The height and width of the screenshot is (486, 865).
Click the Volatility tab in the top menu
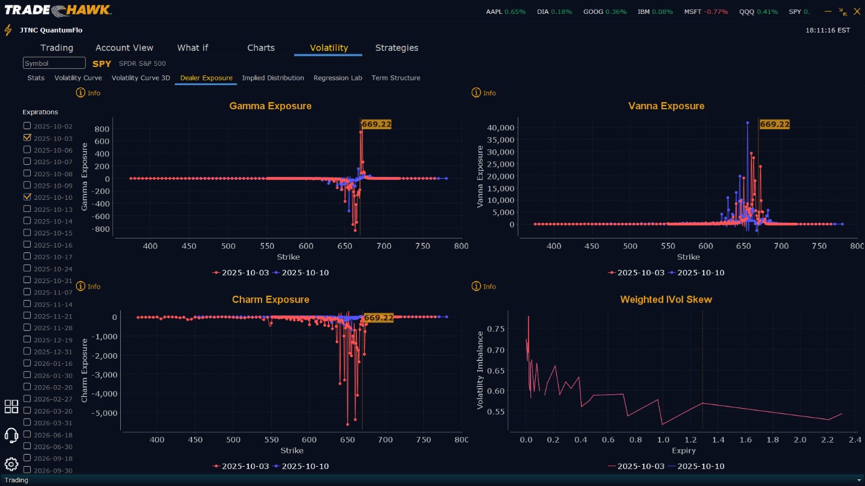point(329,48)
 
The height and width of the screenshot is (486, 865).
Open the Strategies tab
point(396,48)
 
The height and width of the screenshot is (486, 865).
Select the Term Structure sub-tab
point(396,78)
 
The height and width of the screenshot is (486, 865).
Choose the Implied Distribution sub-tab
point(273,78)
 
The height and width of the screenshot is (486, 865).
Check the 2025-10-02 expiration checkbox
point(27,126)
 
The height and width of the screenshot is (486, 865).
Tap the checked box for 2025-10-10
point(27,197)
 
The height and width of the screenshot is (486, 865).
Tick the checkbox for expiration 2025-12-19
point(27,339)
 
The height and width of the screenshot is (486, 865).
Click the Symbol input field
point(54,63)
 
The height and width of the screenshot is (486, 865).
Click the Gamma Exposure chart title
point(270,106)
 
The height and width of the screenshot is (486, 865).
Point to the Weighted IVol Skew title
point(666,299)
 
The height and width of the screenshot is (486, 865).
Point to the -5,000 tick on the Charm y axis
point(108,413)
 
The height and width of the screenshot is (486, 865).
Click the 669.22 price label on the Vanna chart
point(774,124)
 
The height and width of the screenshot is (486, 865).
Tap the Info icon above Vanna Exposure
point(476,92)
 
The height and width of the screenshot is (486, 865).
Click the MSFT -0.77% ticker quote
point(706,11)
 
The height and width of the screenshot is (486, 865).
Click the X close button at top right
point(857,11)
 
